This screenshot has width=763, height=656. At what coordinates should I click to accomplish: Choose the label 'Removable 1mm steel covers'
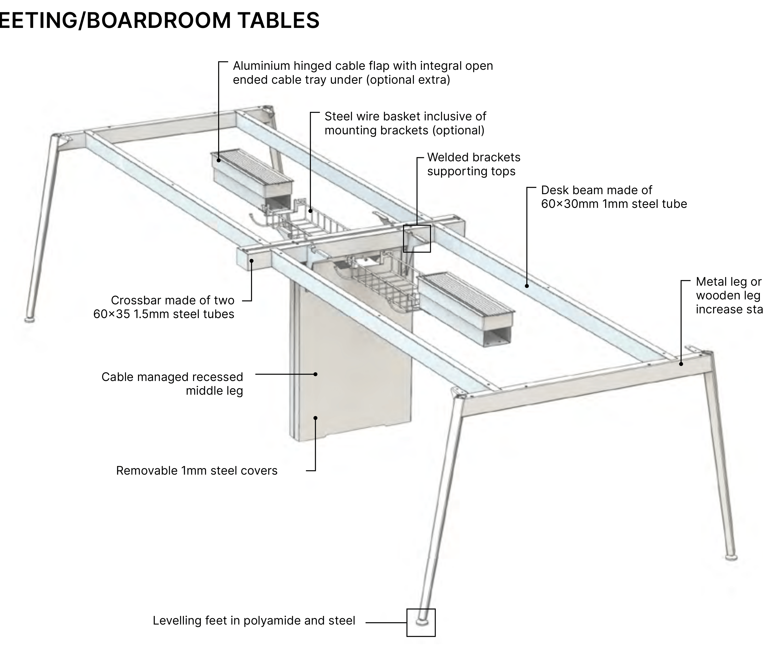point(197,471)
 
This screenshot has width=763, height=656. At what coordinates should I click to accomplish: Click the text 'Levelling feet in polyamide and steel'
point(254,621)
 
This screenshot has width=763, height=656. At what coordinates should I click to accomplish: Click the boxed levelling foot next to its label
point(421,622)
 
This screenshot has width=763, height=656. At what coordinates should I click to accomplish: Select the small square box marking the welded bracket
point(417,239)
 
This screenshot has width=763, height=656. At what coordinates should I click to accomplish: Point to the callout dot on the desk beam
point(527,286)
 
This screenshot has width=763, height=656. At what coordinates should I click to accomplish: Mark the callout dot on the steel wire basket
point(310,211)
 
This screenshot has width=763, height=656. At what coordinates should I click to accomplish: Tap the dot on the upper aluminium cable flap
point(219,160)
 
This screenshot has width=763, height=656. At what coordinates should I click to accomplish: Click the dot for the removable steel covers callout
point(315,418)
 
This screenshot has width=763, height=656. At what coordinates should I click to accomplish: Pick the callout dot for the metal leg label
point(681,364)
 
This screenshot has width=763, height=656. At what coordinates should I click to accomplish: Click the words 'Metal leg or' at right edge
point(728,282)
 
